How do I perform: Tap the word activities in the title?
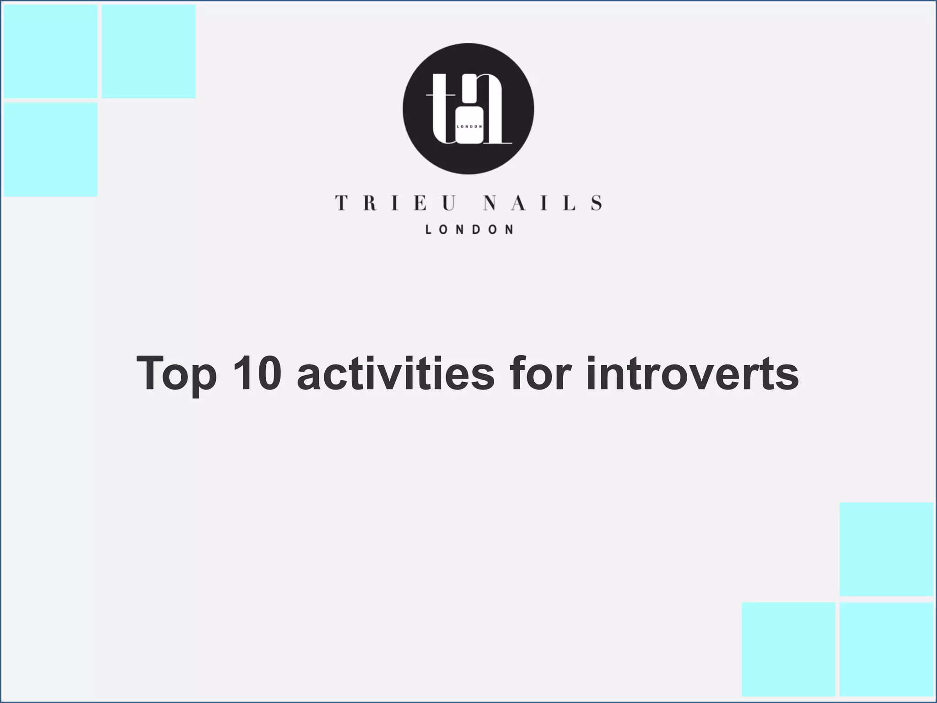click(395, 373)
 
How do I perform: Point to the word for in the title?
click(540, 373)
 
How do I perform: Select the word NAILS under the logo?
click(543, 203)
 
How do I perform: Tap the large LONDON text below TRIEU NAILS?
click(469, 230)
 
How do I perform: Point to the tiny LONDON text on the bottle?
click(469, 126)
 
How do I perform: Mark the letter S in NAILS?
click(596, 203)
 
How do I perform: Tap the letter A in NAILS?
click(517, 203)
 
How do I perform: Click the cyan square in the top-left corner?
click(50, 51)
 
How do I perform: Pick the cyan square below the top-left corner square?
click(50, 150)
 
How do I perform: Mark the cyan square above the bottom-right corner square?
click(886, 549)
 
